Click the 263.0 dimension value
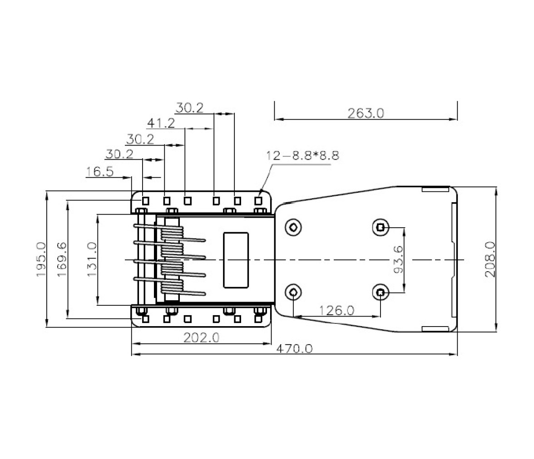pyautogui.click(x=366, y=113)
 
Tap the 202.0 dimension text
pyautogui.click(x=202, y=338)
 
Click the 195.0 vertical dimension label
pyautogui.click(x=41, y=259)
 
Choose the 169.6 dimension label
pyautogui.click(x=62, y=259)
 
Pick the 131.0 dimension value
pyautogui.click(x=92, y=259)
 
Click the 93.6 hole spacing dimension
pyautogui.click(x=398, y=259)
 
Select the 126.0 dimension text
pyautogui.click(x=336, y=311)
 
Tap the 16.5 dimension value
pyautogui.click(x=99, y=172)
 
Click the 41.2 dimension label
pyautogui.click(x=161, y=123)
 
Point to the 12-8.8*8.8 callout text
pyautogui.click(x=302, y=156)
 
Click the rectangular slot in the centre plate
pyautogui.click(x=236, y=260)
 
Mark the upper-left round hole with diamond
pyautogui.click(x=293, y=227)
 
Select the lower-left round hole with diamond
pyautogui.click(x=293, y=292)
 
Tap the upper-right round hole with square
pyautogui.click(x=381, y=227)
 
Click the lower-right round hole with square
pyautogui.click(x=381, y=292)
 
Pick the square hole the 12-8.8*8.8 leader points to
pyautogui.click(x=258, y=201)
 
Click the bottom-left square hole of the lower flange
pyautogui.click(x=145, y=319)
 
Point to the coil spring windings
pyautogui.click(x=172, y=260)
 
